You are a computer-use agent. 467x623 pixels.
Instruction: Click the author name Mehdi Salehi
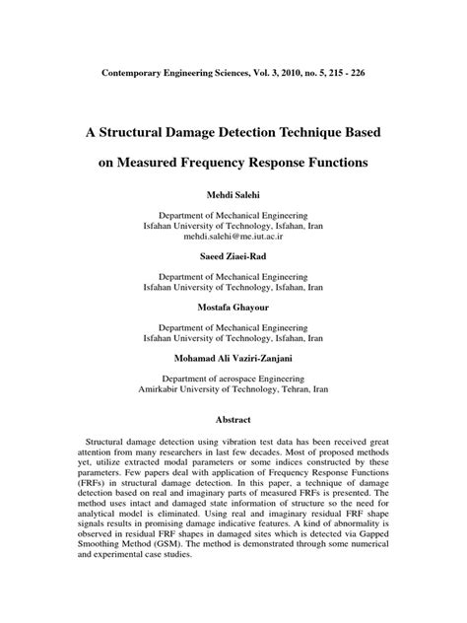[x=233, y=193]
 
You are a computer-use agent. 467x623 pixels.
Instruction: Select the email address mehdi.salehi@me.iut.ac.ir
[x=233, y=238]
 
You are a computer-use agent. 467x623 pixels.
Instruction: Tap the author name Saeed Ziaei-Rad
[x=233, y=255]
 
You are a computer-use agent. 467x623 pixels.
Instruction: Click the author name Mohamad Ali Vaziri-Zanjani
[x=233, y=355]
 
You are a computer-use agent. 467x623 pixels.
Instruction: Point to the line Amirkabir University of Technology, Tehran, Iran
[x=233, y=387]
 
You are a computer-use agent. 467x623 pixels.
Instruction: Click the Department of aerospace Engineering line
[x=233, y=376]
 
